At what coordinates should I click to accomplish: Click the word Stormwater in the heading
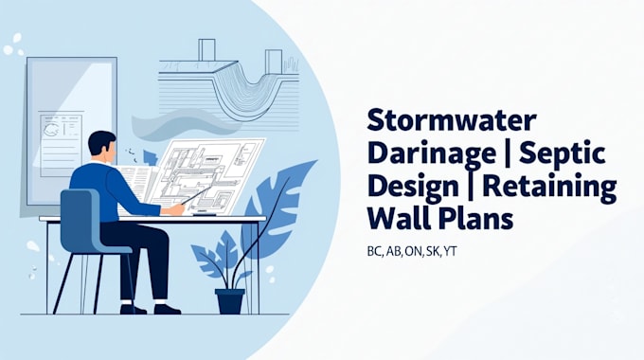pos(451,121)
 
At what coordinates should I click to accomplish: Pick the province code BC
pos(374,255)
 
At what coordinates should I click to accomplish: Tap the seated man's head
pos(101,146)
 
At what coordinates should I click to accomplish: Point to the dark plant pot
pos(230,300)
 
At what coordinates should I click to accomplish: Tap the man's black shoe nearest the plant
pos(167,308)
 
